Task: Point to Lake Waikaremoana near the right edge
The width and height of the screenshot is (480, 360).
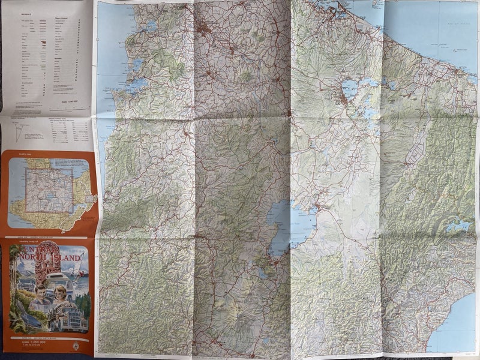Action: [x=459, y=226]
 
